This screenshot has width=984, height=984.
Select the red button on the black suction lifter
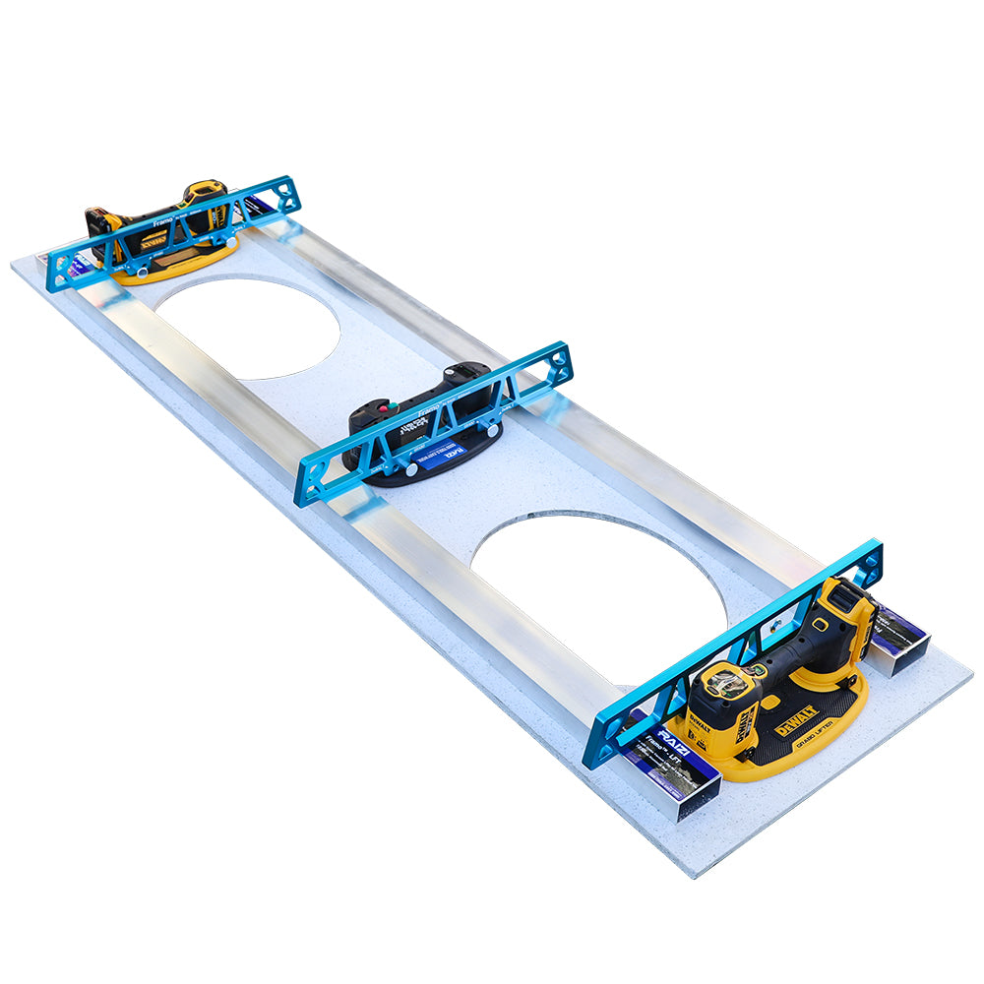point(382,406)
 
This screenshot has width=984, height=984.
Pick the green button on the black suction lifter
point(394,402)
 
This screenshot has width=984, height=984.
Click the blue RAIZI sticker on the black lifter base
point(451,452)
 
